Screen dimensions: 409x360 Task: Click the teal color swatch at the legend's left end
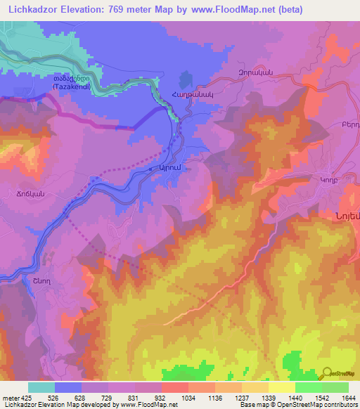click(x=41, y=387)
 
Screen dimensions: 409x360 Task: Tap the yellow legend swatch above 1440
click(x=282, y=387)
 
